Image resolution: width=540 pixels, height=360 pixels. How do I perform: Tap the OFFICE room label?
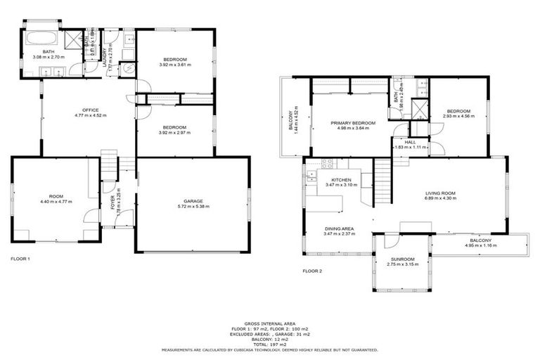click(x=89, y=110)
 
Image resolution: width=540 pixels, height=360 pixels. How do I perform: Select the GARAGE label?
click(x=192, y=202)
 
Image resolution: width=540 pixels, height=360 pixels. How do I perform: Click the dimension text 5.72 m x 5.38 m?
click(x=192, y=208)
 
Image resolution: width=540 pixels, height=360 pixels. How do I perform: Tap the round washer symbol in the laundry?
click(x=129, y=69)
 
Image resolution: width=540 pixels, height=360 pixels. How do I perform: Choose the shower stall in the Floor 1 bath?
click(x=73, y=39)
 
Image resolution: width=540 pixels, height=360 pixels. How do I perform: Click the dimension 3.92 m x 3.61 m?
click(x=175, y=65)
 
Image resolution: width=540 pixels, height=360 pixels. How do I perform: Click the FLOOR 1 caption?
click(x=20, y=259)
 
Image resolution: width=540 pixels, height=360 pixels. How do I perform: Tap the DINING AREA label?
click(x=338, y=228)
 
